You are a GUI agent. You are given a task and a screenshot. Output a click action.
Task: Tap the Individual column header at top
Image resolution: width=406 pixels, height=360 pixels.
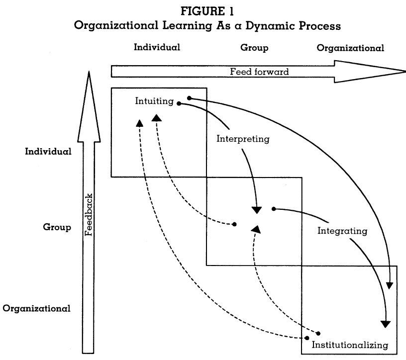[x=157, y=48]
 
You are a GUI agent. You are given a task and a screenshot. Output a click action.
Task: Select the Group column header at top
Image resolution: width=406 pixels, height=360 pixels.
[x=254, y=48]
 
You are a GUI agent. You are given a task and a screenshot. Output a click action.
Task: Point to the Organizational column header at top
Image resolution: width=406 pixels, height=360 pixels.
[x=350, y=48]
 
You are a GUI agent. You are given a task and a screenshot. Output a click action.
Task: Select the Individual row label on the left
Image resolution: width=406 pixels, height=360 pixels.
[x=48, y=152]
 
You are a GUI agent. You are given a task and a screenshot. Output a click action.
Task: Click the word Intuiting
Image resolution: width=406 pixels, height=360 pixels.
[x=154, y=101]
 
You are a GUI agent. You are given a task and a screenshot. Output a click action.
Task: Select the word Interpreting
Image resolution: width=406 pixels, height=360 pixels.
[x=243, y=139]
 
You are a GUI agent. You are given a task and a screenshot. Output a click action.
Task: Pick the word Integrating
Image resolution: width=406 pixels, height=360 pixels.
[x=342, y=231]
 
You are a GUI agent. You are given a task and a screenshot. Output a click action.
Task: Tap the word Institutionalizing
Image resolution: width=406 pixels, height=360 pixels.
[x=349, y=344]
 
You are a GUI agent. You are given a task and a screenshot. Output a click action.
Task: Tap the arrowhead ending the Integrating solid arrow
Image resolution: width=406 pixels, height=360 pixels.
[x=386, y=324]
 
